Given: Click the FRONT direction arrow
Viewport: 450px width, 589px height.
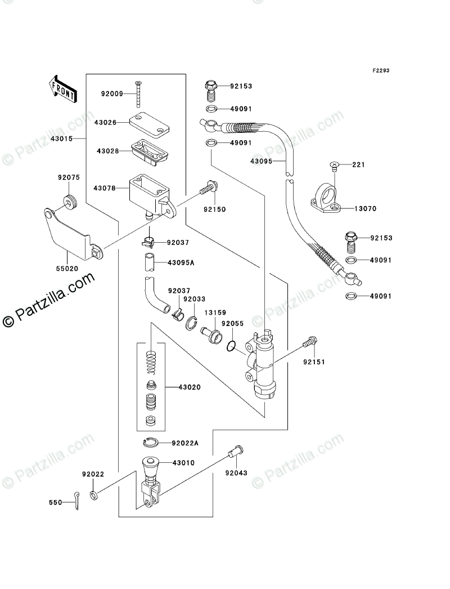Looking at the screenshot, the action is [62, 89].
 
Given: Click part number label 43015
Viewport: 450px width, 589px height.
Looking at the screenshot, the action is [61, 139].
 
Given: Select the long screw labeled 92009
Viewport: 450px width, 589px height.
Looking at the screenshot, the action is [138, 94].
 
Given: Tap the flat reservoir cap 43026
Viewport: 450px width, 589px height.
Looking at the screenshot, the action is [149, 122].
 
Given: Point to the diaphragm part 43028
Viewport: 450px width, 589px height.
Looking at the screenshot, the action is [150, 151].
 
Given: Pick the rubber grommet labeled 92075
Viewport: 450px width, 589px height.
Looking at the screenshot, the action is [70, 203].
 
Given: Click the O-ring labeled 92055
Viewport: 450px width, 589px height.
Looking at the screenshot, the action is [232, 346].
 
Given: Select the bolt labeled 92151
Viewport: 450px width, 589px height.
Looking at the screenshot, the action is [310, 342].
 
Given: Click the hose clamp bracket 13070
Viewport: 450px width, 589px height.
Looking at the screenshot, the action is [326, 198].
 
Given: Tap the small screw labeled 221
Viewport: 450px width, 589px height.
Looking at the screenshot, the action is [334, 166].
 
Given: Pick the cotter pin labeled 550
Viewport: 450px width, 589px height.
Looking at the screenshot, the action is [76, 501].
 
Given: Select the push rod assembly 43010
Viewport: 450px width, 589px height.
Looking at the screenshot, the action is [151, 483].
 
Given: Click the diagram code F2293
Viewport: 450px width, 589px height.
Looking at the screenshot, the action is [381, 70].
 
